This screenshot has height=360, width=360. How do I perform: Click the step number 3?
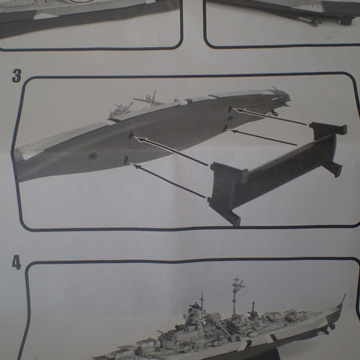tap(16, 77)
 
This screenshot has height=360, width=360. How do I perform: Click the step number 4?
tap(16, 262)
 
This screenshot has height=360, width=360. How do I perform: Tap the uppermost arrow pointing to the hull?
tap(270, 117)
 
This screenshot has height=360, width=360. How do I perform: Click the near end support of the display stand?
tap(228, 192)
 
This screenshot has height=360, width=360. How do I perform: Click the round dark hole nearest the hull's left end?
tap(92, 157)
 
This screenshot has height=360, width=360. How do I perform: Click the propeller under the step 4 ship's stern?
tap(332, 326)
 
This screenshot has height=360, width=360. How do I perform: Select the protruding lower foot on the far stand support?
tap(336, 169)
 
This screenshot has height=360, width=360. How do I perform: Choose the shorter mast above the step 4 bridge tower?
tap(202, 299)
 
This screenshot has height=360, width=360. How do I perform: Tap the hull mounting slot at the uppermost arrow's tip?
tap(230, 109)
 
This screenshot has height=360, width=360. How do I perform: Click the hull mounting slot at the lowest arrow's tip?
tap(127, 160)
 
